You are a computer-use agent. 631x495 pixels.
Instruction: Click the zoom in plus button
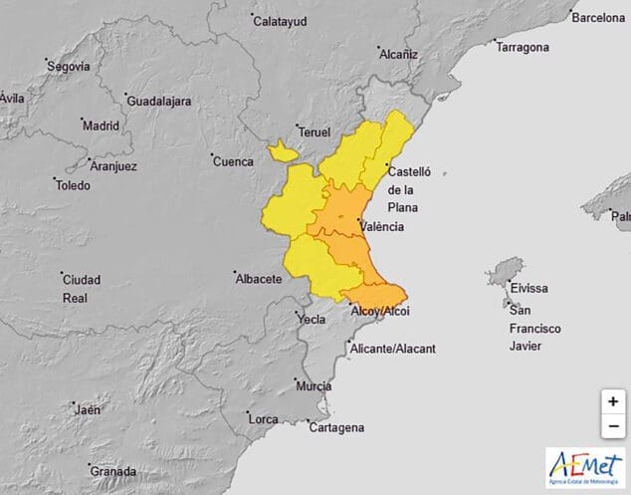612,401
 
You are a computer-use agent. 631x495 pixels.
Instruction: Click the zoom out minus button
612,425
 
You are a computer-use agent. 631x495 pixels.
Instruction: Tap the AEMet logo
585,466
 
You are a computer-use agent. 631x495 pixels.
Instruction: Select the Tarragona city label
523,48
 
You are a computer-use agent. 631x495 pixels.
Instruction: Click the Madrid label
101,126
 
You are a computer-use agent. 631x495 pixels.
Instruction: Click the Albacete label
258,279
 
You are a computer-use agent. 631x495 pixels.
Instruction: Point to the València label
382,227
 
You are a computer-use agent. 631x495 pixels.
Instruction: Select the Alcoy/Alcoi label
381,312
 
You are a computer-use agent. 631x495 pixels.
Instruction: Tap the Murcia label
314,385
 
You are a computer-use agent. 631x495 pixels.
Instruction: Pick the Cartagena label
337,428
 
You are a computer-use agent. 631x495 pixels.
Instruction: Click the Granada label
111,471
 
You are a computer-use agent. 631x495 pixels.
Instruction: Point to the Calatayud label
281,20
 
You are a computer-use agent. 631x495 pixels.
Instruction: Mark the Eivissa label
528,288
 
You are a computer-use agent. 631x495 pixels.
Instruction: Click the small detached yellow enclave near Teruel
282,151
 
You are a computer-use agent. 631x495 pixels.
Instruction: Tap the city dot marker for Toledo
56,180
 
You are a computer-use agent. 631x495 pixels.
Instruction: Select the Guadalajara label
158,102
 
